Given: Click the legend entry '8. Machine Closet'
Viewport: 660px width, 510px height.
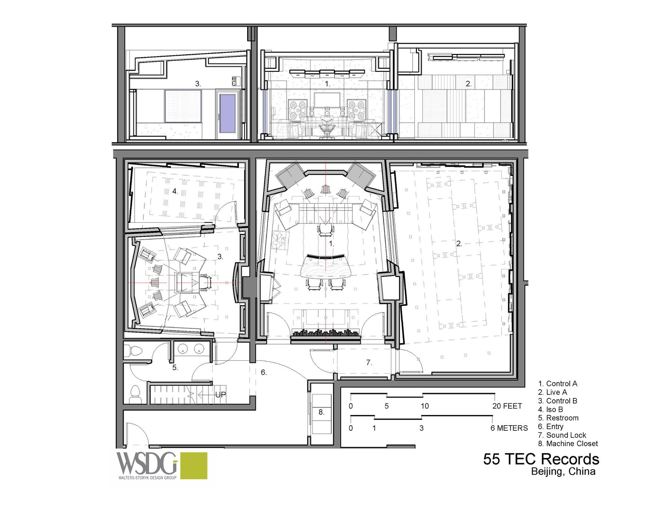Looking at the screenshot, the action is (x=568, y=444).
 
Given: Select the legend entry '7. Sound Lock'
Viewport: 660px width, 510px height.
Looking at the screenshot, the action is (x=562, y=435).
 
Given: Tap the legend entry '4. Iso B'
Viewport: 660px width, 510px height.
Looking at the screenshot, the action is (x=550, y=409).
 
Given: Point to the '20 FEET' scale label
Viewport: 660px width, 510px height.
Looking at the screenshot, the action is (x=507, y=406).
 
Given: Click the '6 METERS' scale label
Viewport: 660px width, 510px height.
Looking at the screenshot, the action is (x=509, y=428).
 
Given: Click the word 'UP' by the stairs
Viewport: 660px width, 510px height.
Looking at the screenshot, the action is (x=220, y=394).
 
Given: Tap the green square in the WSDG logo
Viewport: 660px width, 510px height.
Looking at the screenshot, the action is (x=193, y=466).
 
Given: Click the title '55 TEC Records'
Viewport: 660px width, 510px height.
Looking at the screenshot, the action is (x=541, y=459).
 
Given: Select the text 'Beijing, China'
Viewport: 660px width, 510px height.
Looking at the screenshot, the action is (x=563, y=472).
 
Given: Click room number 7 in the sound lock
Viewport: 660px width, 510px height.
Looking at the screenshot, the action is (x=369, y=363).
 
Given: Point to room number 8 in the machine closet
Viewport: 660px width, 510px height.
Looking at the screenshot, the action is (x=321, y=412).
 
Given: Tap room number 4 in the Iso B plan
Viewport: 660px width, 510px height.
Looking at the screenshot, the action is (x=175, y=191).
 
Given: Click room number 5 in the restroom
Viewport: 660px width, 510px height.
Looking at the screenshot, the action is (x=175, y=368).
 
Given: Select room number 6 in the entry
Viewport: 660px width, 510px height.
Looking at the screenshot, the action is (x=264, y=372).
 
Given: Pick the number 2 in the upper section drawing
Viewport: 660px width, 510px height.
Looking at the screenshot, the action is (x=468, y=84).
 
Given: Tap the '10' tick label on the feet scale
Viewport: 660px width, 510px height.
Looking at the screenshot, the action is (x=425, y=406).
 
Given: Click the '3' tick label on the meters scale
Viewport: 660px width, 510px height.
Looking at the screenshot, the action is (x=422, y=428).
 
